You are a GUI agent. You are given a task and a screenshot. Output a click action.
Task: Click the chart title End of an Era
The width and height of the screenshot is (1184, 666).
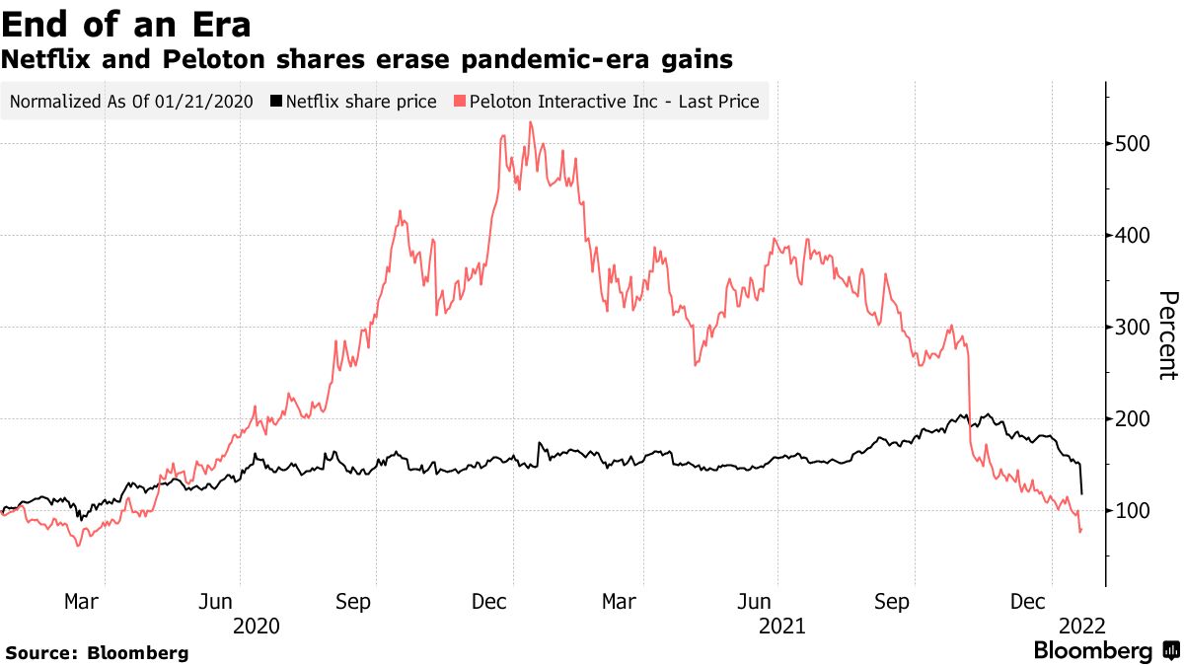click(x=125, y=24)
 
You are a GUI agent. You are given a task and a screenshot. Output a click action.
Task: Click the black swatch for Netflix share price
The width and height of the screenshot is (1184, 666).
click(x=277, y=102)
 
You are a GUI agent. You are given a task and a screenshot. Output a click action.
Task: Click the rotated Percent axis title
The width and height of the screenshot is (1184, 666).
click(x=1167, y=335)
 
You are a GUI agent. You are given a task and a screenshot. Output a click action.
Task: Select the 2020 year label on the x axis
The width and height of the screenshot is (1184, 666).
click(x=256, y=627)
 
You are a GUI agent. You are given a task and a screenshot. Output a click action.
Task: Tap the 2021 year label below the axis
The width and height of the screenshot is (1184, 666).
click(x=781, y=627)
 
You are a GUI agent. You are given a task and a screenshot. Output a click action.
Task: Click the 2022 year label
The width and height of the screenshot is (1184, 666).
click(x=1081, y=627)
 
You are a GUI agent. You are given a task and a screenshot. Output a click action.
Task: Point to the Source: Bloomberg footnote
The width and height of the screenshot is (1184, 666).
click(x=97, y=653)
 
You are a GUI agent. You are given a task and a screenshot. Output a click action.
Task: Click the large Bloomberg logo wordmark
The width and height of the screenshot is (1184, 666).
click(x=1092, y=651)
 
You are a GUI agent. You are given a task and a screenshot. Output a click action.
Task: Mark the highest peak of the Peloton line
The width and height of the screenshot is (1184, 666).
click(x=531, y=122)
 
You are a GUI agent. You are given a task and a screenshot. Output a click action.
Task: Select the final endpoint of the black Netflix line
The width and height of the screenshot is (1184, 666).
click(x=1083, y=493)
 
